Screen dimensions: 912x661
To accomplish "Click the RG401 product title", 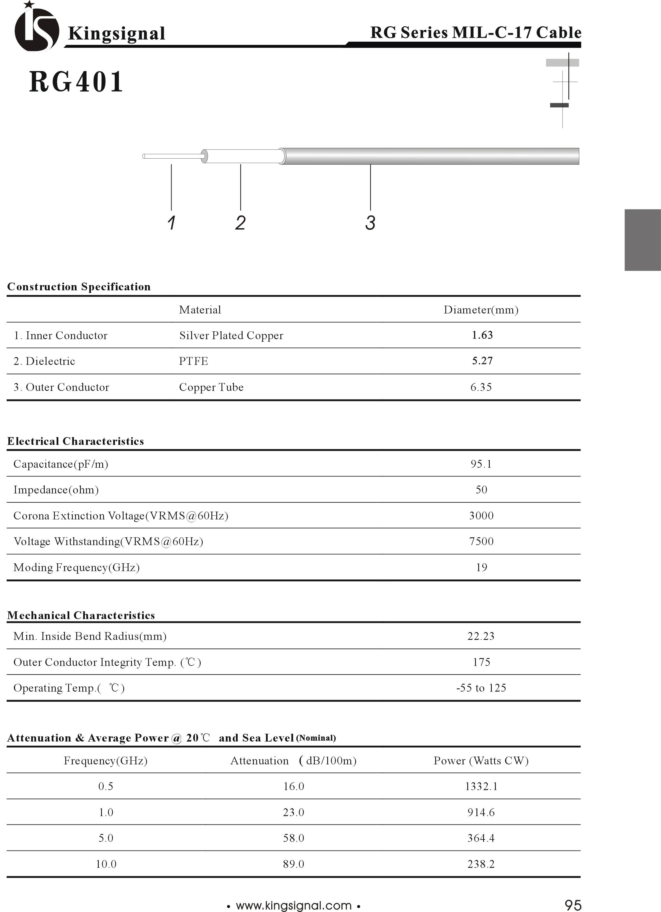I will point(76,82).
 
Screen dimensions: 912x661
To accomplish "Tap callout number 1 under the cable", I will point(171,223).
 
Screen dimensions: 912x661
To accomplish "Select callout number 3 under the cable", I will point(370,223).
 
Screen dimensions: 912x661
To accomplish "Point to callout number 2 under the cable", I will point(240,223).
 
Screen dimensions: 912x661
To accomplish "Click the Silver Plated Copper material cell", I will point(231,335).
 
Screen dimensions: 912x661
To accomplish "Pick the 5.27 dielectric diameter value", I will point(482,361).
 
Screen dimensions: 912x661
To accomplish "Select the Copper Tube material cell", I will point(211,387).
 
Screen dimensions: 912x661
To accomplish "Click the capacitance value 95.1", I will point(481,464).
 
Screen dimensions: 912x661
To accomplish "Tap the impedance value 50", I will point(481,490).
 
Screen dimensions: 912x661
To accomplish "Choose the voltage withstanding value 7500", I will point(481,541).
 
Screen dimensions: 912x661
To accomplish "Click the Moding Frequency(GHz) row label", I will point(77,567).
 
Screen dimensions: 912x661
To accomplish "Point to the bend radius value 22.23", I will point(481,636).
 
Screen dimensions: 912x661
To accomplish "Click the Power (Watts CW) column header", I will point(481,761).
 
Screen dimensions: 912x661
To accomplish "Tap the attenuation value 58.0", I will point(293,838).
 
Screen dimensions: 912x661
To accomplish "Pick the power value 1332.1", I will point(481,787).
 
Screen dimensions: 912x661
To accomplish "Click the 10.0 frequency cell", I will point(106,864).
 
